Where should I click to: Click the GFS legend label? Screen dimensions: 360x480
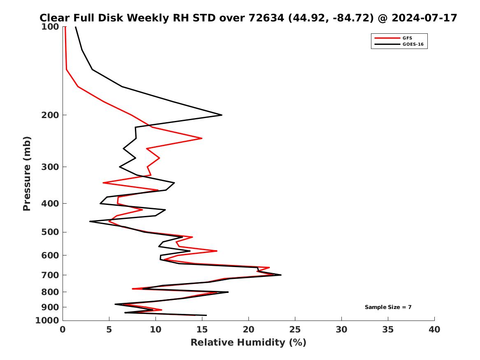click(407, 38)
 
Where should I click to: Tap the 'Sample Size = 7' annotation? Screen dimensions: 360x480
click(388, 307)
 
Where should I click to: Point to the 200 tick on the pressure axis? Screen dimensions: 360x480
click(51, 115)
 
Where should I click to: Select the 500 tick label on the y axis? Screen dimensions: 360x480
click(51, 232)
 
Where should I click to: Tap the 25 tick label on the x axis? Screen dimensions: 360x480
click(295, 330)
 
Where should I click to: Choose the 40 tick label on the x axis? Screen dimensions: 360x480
click(434, 330)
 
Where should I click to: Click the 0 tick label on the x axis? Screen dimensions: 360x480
click(63, 330)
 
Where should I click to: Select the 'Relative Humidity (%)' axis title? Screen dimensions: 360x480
click(248, 343)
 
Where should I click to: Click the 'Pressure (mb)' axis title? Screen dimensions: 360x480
click(27, 173)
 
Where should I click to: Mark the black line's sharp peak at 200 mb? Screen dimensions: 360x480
click(222, 115)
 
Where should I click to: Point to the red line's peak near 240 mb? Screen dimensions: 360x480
click(202, 138)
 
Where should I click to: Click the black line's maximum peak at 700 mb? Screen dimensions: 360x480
click(281, 275)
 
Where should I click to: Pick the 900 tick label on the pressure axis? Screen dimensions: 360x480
click(51, 307)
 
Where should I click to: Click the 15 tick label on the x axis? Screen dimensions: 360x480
click(202, 330)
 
